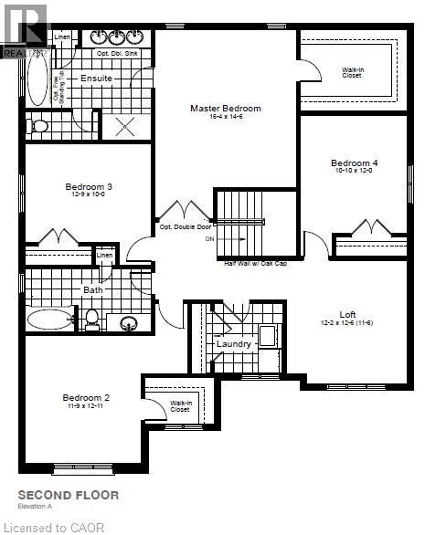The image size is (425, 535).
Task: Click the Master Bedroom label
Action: [x=225, y=109]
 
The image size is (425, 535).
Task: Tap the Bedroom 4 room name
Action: [x=354, y=163]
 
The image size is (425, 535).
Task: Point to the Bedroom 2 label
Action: [x=86, y=397]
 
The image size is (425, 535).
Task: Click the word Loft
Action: [x=347, y=313]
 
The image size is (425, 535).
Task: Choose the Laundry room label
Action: [x=234, y=344]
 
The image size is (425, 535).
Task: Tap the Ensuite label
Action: [x=96, y=79]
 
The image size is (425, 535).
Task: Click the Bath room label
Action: [x=94, y=290]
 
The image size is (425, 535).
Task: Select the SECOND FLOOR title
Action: [x=69, y=496]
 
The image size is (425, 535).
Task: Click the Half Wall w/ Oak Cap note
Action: [x=260, y=263]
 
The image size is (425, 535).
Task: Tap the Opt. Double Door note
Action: [x=185, y=226]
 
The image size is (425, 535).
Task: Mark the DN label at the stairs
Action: [x=210, y=238]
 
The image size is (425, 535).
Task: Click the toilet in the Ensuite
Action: [x=38, y=127]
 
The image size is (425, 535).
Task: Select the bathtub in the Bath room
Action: [x=50, y=319]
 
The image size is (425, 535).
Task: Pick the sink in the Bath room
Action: [x=129, y=322]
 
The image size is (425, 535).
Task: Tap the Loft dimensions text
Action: [x=347, y=323]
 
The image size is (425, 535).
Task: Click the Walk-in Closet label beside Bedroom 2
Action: [x=180, y=406]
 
